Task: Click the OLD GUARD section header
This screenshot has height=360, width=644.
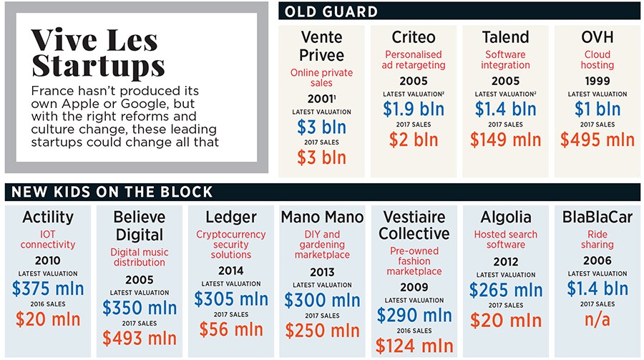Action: pyautogui.click(x=331, y=11)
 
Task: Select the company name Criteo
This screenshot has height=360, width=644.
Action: pyautogui.click(x=415, y=37)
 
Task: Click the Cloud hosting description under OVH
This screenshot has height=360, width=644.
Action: pyautogui.click(x=597, y=59)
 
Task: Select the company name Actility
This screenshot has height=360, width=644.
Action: pyautogui.click(x=48, y=217)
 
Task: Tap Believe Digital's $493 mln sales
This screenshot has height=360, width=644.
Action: pyautogui.click(x=139, y=339)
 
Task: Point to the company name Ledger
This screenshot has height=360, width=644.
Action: pyautogui.click(x=230, y=217)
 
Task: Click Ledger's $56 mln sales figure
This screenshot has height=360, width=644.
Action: pyautogui.click(x=230, y=329)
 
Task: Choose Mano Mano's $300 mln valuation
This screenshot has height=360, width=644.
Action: pyautogui.click(x=322, y=301)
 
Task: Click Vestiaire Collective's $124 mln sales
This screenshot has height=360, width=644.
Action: pyautogui.click(x=414, y=346)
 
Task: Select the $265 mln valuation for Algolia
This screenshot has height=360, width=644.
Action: pyautogui.click(x=506, y=291)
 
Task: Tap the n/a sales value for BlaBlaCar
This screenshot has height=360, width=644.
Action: pyautogui.click(x=597, y=319)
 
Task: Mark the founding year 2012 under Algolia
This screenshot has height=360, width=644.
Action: pyautogui.click(x=506, y=261)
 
